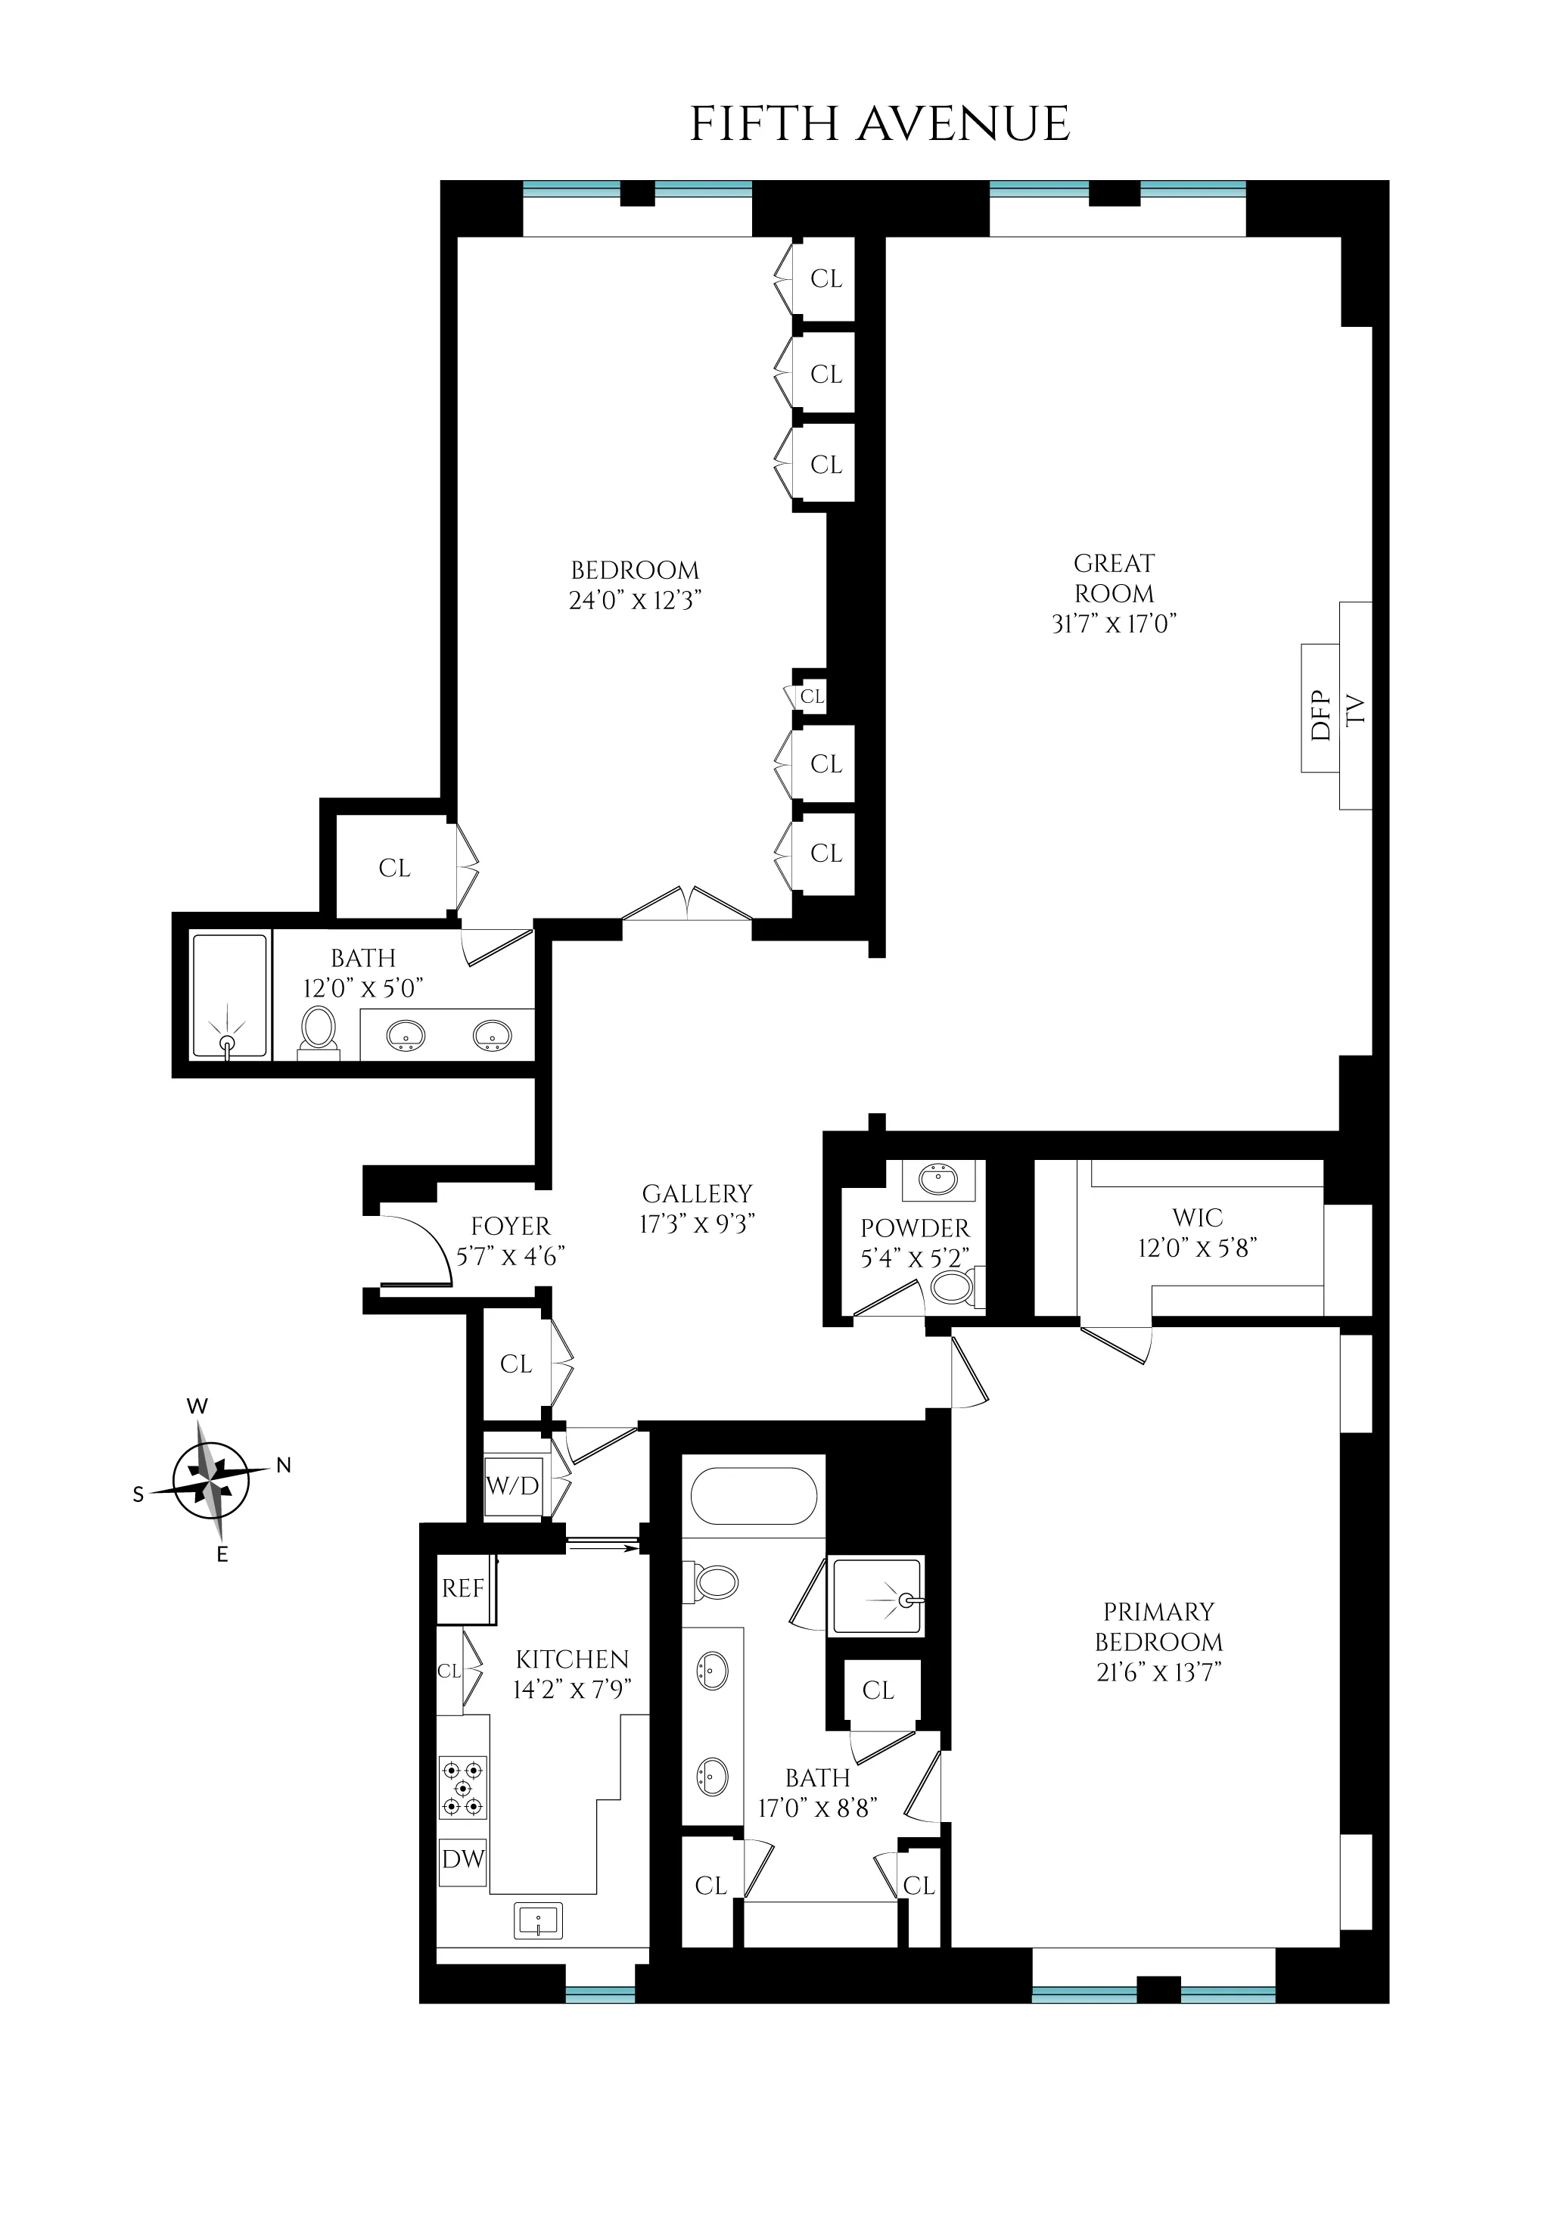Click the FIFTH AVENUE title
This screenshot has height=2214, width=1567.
click(879, 124)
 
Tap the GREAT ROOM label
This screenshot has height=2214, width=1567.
click(1114, 578)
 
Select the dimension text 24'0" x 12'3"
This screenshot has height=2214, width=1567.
click(634, 600)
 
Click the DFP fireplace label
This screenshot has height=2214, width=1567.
click(1320, 715)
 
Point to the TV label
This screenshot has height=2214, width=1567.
click(1356, 711)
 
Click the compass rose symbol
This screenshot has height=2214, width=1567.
click(211, 1481)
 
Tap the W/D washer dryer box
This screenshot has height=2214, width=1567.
click(512, 1485)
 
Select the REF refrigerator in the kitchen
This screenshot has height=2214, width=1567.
click(463, 1588)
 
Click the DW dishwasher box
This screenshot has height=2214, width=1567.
click(463, 1859)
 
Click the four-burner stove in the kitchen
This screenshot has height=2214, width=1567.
click(463, 1787)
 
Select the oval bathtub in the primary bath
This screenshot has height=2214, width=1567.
click(754, 1496)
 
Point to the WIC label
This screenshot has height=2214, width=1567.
click(1198, 1217)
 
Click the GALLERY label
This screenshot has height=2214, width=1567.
click(697, 1193)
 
